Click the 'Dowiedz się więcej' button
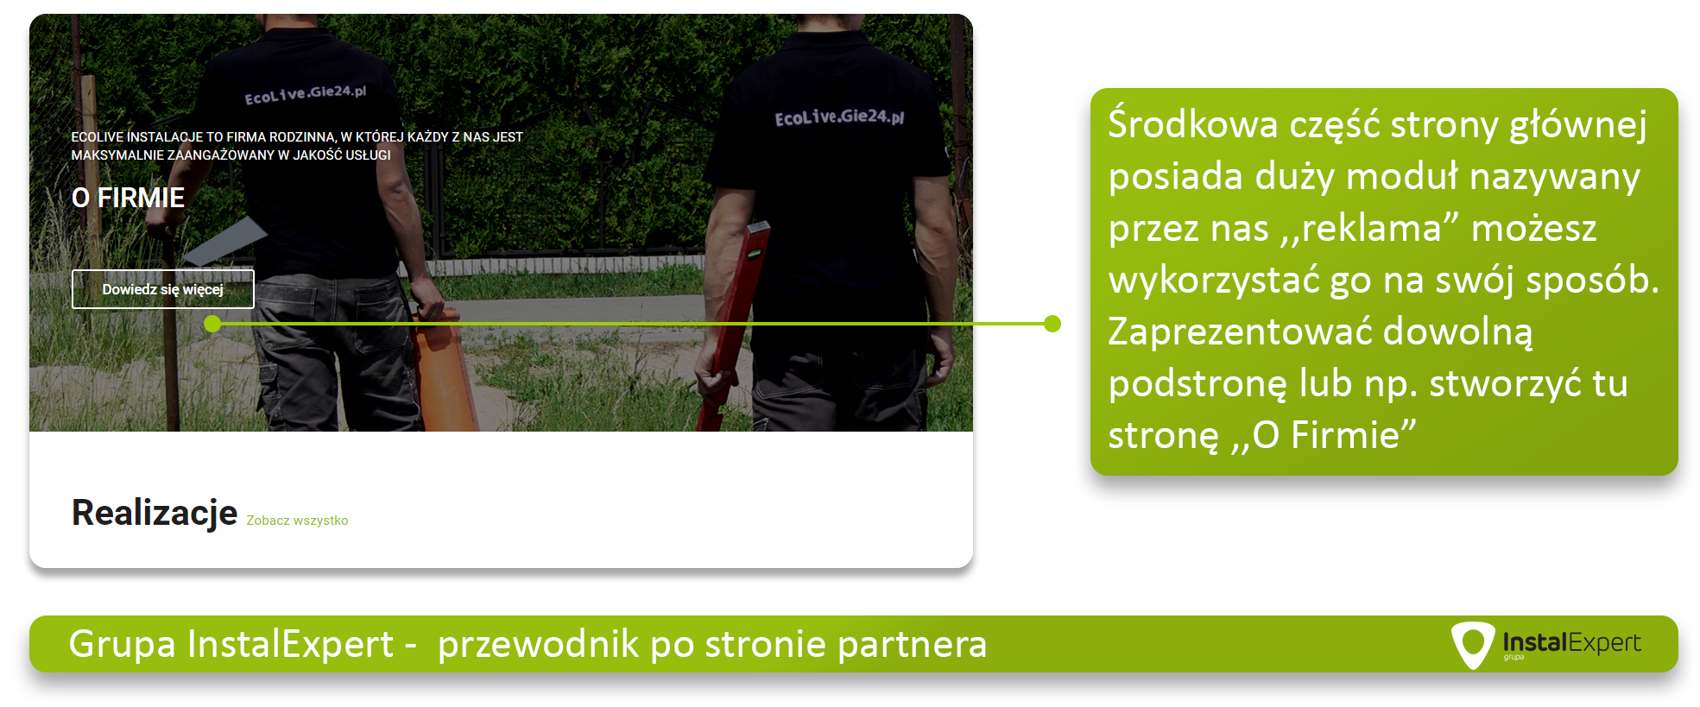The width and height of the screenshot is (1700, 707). (x=163, y=289)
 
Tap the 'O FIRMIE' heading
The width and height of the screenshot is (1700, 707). (x=128, y=198)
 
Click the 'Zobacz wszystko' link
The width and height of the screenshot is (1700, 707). (x=297, y=521)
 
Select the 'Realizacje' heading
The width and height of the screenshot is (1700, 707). (x=155, y=513)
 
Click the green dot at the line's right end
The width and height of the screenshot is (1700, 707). (x=1052, y=324)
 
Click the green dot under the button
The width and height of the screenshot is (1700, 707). (x=213, y=324)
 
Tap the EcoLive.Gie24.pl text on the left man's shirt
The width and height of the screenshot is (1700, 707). (x=306, y=94)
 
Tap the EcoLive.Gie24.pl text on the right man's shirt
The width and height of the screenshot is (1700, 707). (x=839, y=117)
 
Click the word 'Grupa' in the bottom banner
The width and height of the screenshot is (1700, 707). (x=122, y=644)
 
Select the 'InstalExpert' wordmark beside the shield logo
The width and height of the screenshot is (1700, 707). (x=1571, y=642)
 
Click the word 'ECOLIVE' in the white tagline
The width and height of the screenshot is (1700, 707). (x=98, y=137)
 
